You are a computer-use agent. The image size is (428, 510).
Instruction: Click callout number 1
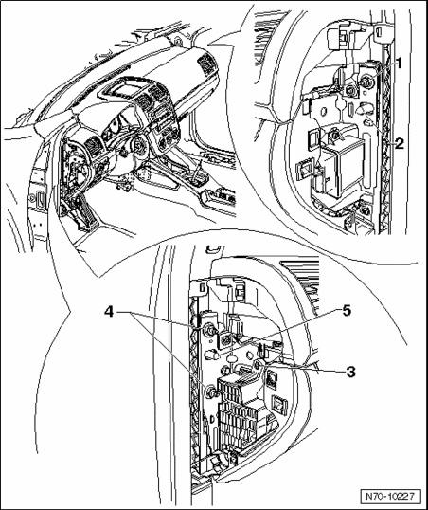399,64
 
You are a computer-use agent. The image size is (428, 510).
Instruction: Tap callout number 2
399,143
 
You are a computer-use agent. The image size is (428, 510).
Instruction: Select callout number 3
350,372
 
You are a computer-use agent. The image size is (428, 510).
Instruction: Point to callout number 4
109,313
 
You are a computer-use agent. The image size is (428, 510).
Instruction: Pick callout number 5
347,311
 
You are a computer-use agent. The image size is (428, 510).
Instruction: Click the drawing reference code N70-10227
391,497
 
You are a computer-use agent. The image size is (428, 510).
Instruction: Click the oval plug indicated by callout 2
365,108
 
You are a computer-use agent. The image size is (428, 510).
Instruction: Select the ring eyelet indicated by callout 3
259,365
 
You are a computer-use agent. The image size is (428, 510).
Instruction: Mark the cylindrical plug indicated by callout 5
212,354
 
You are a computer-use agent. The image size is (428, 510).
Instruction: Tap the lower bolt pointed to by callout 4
210,392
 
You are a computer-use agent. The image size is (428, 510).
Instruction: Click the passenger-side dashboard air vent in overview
205,62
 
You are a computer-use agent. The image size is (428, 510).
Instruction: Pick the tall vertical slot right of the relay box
366,161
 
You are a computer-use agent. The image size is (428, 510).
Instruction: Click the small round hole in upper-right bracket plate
325,112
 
